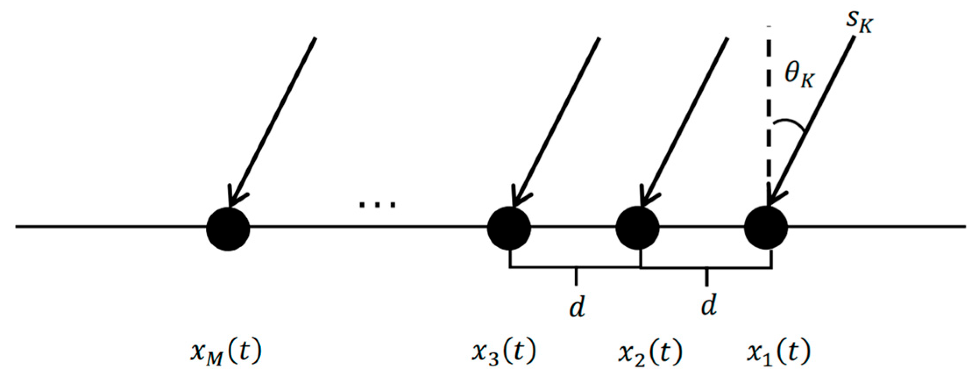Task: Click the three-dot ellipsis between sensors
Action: (377, 204)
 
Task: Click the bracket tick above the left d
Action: (576, 276)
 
